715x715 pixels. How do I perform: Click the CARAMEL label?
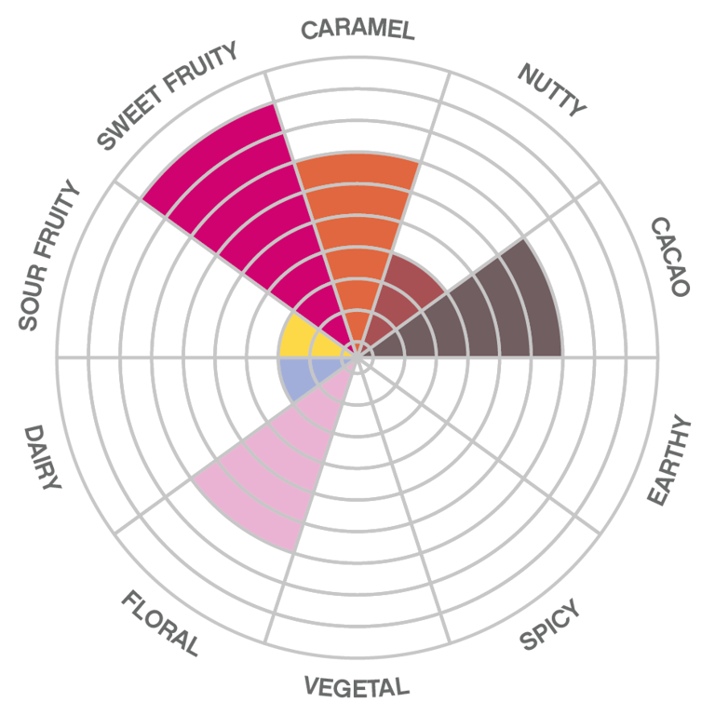357,29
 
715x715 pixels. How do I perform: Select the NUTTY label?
553,89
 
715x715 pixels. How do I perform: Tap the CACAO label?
669,256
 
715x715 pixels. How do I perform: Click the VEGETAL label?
357,688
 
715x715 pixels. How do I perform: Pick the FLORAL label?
160,623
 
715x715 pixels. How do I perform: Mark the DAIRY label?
42,456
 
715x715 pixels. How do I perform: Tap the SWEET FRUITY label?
169,93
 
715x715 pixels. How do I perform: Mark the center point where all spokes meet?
357,357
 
